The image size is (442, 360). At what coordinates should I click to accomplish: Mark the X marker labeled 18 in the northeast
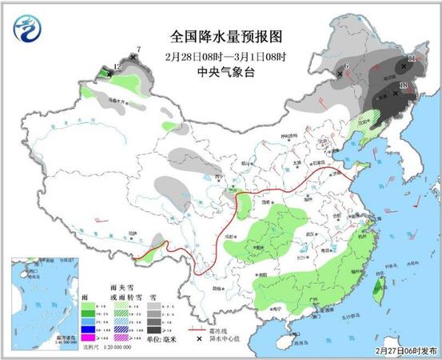pos(396,92)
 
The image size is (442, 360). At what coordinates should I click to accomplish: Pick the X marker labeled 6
pos(340,74)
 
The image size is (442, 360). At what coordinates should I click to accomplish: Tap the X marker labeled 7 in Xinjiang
pos(133,57)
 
